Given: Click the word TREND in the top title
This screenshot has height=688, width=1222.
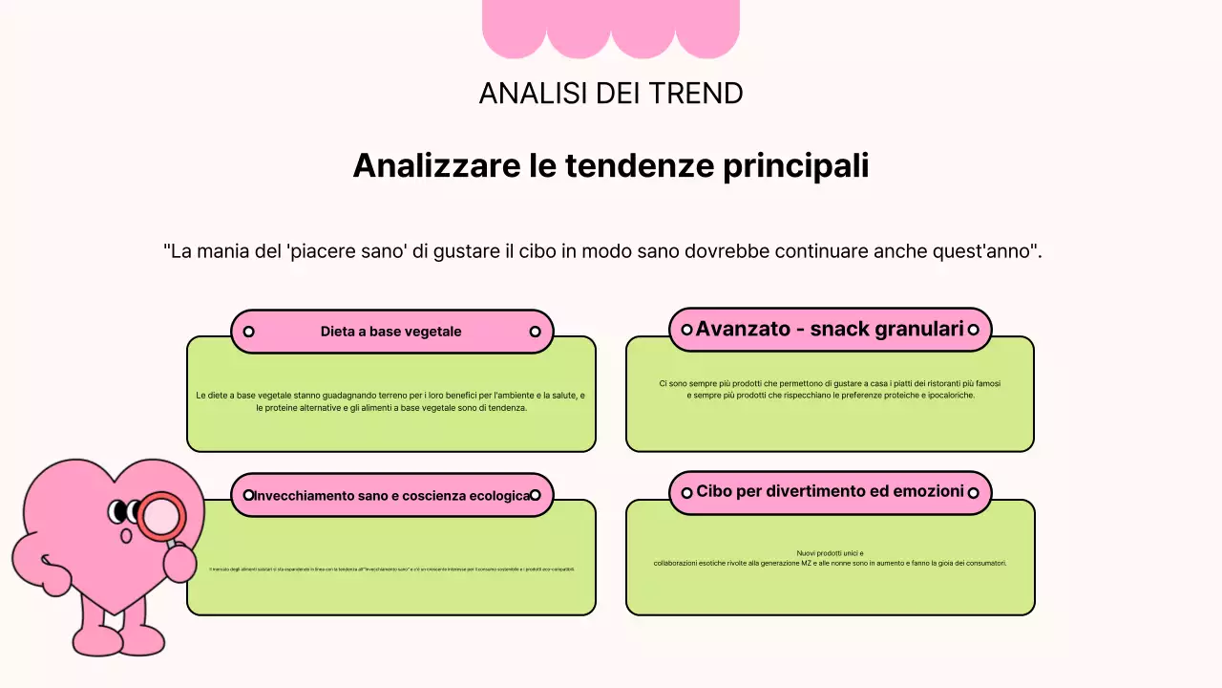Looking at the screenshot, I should [x=696, y=94].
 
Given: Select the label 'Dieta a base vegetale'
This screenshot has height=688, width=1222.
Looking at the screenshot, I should [x=390, y=332].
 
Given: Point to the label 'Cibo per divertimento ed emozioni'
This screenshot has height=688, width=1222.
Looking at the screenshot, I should [x=830, y=491].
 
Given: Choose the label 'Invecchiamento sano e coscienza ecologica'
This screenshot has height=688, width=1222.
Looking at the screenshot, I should [x=391, y=496].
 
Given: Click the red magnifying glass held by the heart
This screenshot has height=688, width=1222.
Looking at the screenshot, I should [x=160, y=517].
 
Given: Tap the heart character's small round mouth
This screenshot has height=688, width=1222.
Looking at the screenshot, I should [x=125, y=535].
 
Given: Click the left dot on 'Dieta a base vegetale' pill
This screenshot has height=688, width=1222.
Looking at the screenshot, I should [x=248, y=332].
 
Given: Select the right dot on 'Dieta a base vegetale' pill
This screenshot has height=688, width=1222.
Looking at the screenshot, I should [x=535, y=332].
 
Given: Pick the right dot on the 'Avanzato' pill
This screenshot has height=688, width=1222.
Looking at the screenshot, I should [x=973, y=330].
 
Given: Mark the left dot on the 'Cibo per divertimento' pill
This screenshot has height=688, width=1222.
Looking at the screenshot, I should [x=686, y=493].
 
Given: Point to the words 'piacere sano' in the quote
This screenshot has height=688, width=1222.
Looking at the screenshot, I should [x=343, y=251].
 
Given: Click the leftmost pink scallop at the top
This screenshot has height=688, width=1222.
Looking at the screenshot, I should [x=514, y=29].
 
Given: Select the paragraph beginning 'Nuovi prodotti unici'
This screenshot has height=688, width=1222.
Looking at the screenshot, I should [x=830, y=558].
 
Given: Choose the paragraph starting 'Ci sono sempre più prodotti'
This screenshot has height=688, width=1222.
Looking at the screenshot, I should [x=830, y=389].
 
